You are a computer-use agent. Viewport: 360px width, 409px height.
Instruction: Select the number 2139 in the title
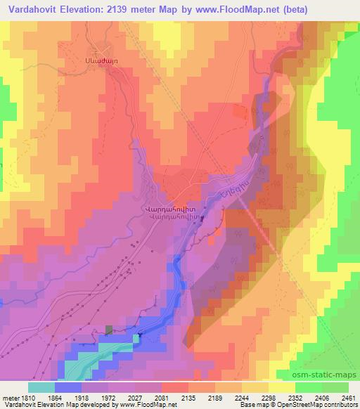tap(122, 8)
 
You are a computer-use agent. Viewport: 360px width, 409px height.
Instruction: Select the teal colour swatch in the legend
tap(41, 387)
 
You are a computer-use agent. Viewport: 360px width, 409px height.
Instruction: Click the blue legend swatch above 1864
tap(68, 387)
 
